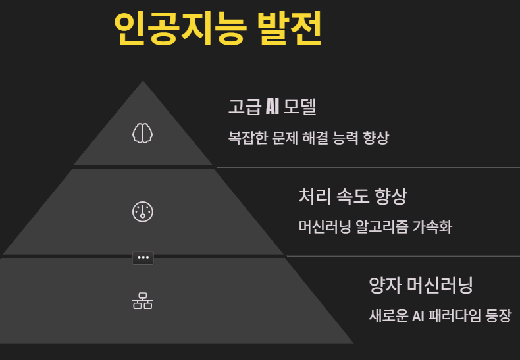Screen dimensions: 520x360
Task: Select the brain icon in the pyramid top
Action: point(143,133)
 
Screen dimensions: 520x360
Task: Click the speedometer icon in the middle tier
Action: point(143,211)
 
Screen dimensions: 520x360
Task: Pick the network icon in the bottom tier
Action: point(143,301)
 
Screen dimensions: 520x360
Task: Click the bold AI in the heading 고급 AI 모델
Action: point(273,106)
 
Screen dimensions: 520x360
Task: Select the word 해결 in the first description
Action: point(323,138)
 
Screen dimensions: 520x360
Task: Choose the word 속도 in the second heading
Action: point(353,195)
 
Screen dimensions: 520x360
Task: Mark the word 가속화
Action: point(432,227)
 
